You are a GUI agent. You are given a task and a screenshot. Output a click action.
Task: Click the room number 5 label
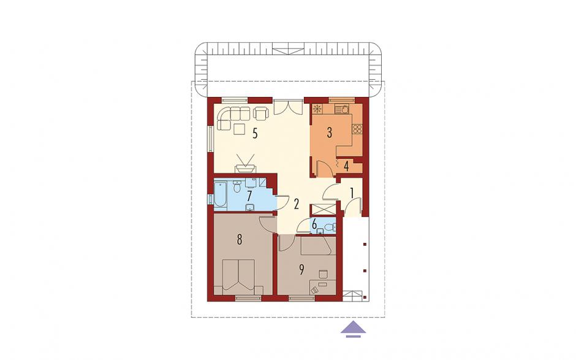point(254,133)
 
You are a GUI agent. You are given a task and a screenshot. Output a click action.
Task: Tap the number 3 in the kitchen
point(330,132)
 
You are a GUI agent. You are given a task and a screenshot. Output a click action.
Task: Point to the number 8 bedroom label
point(239,240)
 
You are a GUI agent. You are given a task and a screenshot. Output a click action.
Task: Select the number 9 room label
point(301,270)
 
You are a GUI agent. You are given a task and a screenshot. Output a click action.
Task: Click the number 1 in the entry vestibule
point(352,193)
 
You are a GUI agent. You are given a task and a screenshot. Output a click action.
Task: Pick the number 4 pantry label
point(346,166)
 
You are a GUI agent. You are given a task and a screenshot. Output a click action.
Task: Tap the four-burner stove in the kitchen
point(357,129)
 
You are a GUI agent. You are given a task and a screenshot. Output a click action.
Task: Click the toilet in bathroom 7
point(237,188)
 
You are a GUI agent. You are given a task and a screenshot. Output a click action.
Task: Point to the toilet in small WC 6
point(332,228)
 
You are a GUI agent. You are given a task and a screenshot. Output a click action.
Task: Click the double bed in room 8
point(239,277)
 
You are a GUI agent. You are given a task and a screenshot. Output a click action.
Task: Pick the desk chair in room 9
point(323,274)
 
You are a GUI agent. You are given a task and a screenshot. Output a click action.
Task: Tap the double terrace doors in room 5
point(288,106)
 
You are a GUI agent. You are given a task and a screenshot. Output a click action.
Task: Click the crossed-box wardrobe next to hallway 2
point(322,210)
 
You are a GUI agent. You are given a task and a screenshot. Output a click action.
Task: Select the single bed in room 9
point(318,246)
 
